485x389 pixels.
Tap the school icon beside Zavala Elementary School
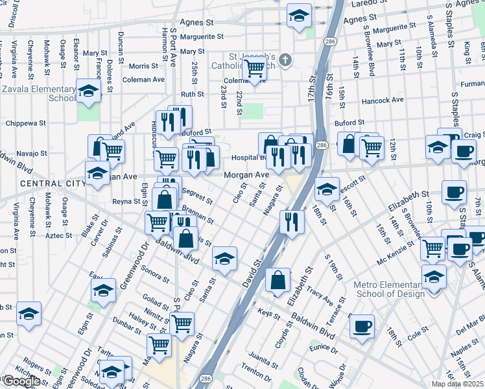coord(88,91)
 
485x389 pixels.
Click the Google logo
coord(21,381)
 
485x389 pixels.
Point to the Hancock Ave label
coord(383,100)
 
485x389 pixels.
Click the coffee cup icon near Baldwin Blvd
coord(362,325)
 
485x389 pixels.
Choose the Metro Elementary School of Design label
coord(389,289)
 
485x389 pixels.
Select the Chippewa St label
coord(26,123)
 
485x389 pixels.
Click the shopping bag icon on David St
coord(278,281)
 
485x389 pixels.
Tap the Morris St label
coord(143,66)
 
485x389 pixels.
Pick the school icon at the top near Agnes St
coord(299,16)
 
